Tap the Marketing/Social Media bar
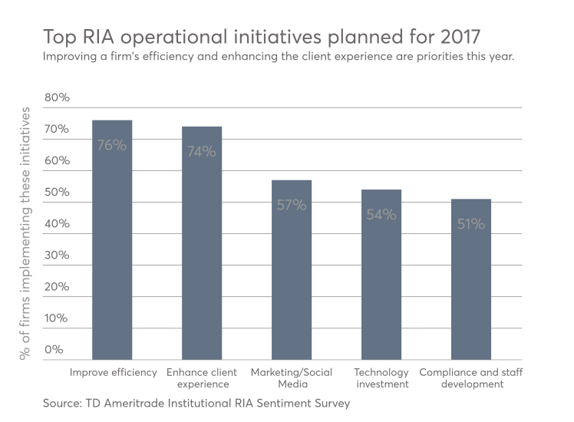coord(292,284)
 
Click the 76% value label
coord(112,144)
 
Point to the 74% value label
coord(202,151)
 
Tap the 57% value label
coord(292,205)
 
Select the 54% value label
coord(381,215)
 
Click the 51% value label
coord(471,224)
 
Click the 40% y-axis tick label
coord(56,224)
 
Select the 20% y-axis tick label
coord(56,287)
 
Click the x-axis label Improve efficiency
coord(113,372)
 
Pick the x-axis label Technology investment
coord(381,377)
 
